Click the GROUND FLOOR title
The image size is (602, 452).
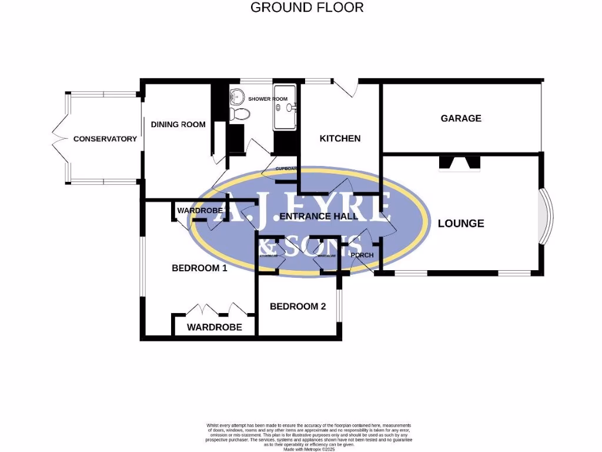tap(307, 8)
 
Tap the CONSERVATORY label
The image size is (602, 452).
tap(105, 139)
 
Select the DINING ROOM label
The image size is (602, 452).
tap(178, 124)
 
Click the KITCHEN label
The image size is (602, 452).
tap(340, 138)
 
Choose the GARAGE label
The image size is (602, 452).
tap(461, 118)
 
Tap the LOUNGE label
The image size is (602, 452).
tap(461, 223)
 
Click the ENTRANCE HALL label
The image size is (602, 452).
tap(319, 216)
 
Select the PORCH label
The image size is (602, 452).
tap(362, 255)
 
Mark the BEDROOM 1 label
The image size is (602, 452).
tap(199, 268)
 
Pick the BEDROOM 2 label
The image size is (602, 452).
tap(297, 306)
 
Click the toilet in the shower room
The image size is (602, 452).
tap(238, 114)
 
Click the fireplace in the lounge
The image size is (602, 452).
tap(460, 163)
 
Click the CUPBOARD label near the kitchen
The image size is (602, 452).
tap(287, 169)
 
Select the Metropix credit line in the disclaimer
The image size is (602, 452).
tap(309, 448)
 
